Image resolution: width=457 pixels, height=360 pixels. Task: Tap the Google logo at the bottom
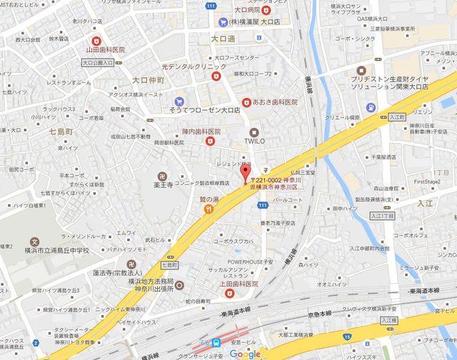click(x=245, y=354)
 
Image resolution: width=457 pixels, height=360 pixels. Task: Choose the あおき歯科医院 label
click(x=275, y=103)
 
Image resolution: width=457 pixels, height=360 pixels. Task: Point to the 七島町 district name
click(x=62, y=132)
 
